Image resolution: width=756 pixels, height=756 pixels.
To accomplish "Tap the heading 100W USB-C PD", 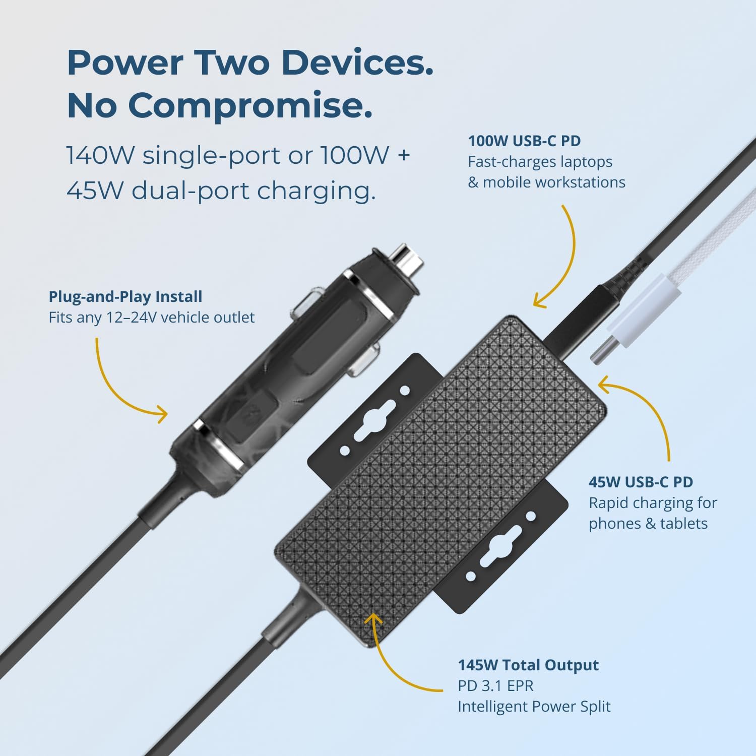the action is [x=524, y=141].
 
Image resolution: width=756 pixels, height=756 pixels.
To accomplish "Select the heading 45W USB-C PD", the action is [x=641, y=482].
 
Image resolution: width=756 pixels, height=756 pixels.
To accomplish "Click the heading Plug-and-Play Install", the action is [x=125, y=297].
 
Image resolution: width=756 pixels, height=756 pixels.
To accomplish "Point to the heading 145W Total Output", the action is [x=528, y=665].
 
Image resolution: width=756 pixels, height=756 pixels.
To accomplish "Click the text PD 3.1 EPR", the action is [x=495, y=686].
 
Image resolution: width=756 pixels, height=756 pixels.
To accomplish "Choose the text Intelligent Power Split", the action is [x=534, y=707].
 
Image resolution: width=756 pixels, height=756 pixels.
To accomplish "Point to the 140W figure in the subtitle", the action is [x=101, y=155].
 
